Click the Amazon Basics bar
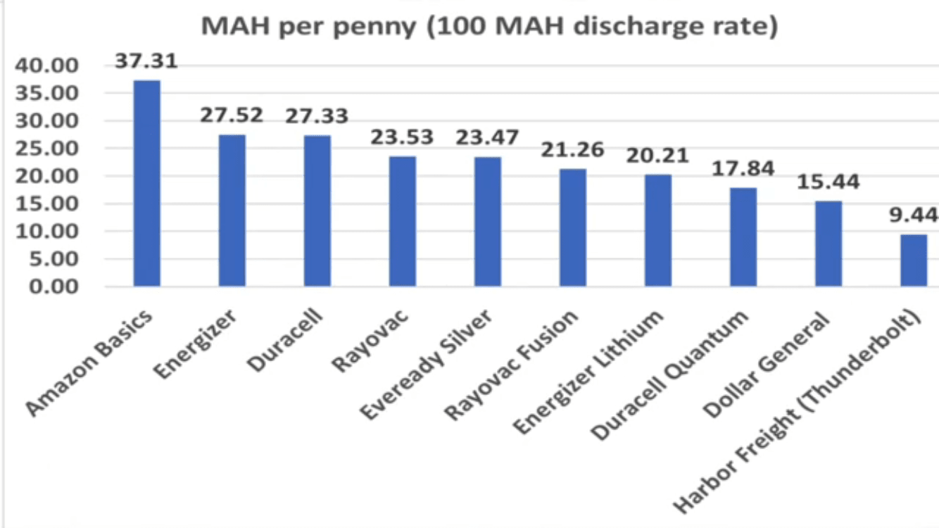pos(147,184)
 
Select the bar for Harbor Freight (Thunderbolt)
pos(914,260)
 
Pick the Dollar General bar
pos(828,244)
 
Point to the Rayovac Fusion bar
pos(573,227)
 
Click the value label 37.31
pos(146,62)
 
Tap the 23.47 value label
pos(487,137)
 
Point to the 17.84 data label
pos(743,168)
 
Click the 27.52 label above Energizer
pos(232,115)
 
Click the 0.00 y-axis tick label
pos(50,287)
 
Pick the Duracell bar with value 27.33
pos(317,210)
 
